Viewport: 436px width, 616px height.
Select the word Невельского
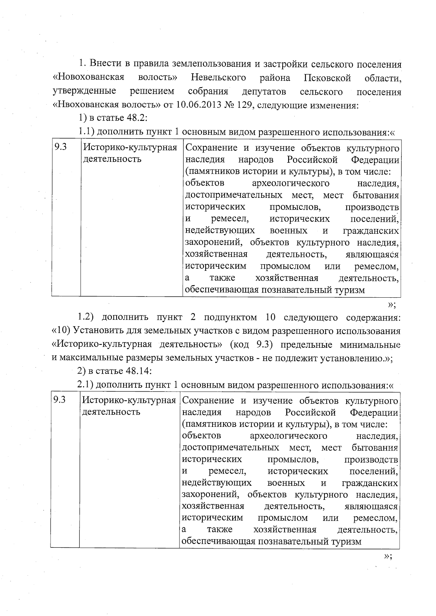(218, 78)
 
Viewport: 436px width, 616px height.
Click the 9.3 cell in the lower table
(59, 400)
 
